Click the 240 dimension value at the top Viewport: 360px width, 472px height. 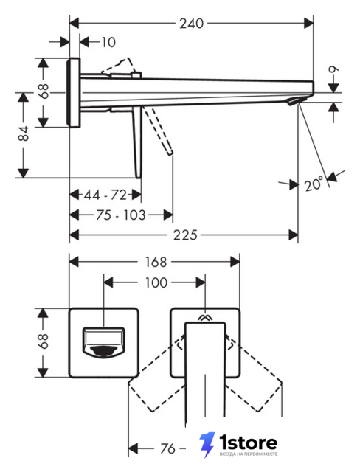(x=192, y=24)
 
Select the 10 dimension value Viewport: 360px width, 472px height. (x=108, y=42)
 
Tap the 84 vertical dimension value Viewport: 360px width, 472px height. (x=24, y=133)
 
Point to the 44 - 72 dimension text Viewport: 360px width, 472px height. (x=105, y=195)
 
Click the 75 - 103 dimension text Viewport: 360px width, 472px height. (x=121, y=215)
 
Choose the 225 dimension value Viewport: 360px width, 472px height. (x=185, y=235)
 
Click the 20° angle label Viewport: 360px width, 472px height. (x=314, y=184)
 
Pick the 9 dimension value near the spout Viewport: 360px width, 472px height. (x=333, y=69)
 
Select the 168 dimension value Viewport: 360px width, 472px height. (x=156, y=263)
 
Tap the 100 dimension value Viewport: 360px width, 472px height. (x=156, y=283)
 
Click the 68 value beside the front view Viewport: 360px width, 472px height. (x=44, y=341)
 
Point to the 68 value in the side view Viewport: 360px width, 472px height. (x=44, y=91)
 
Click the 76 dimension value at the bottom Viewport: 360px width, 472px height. (x=167, y=449)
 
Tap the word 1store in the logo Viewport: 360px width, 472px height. (x=249, y=442)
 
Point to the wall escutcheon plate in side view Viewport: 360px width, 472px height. (x=74, y=93)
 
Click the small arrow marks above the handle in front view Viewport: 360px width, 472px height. (x=205, y=317)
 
